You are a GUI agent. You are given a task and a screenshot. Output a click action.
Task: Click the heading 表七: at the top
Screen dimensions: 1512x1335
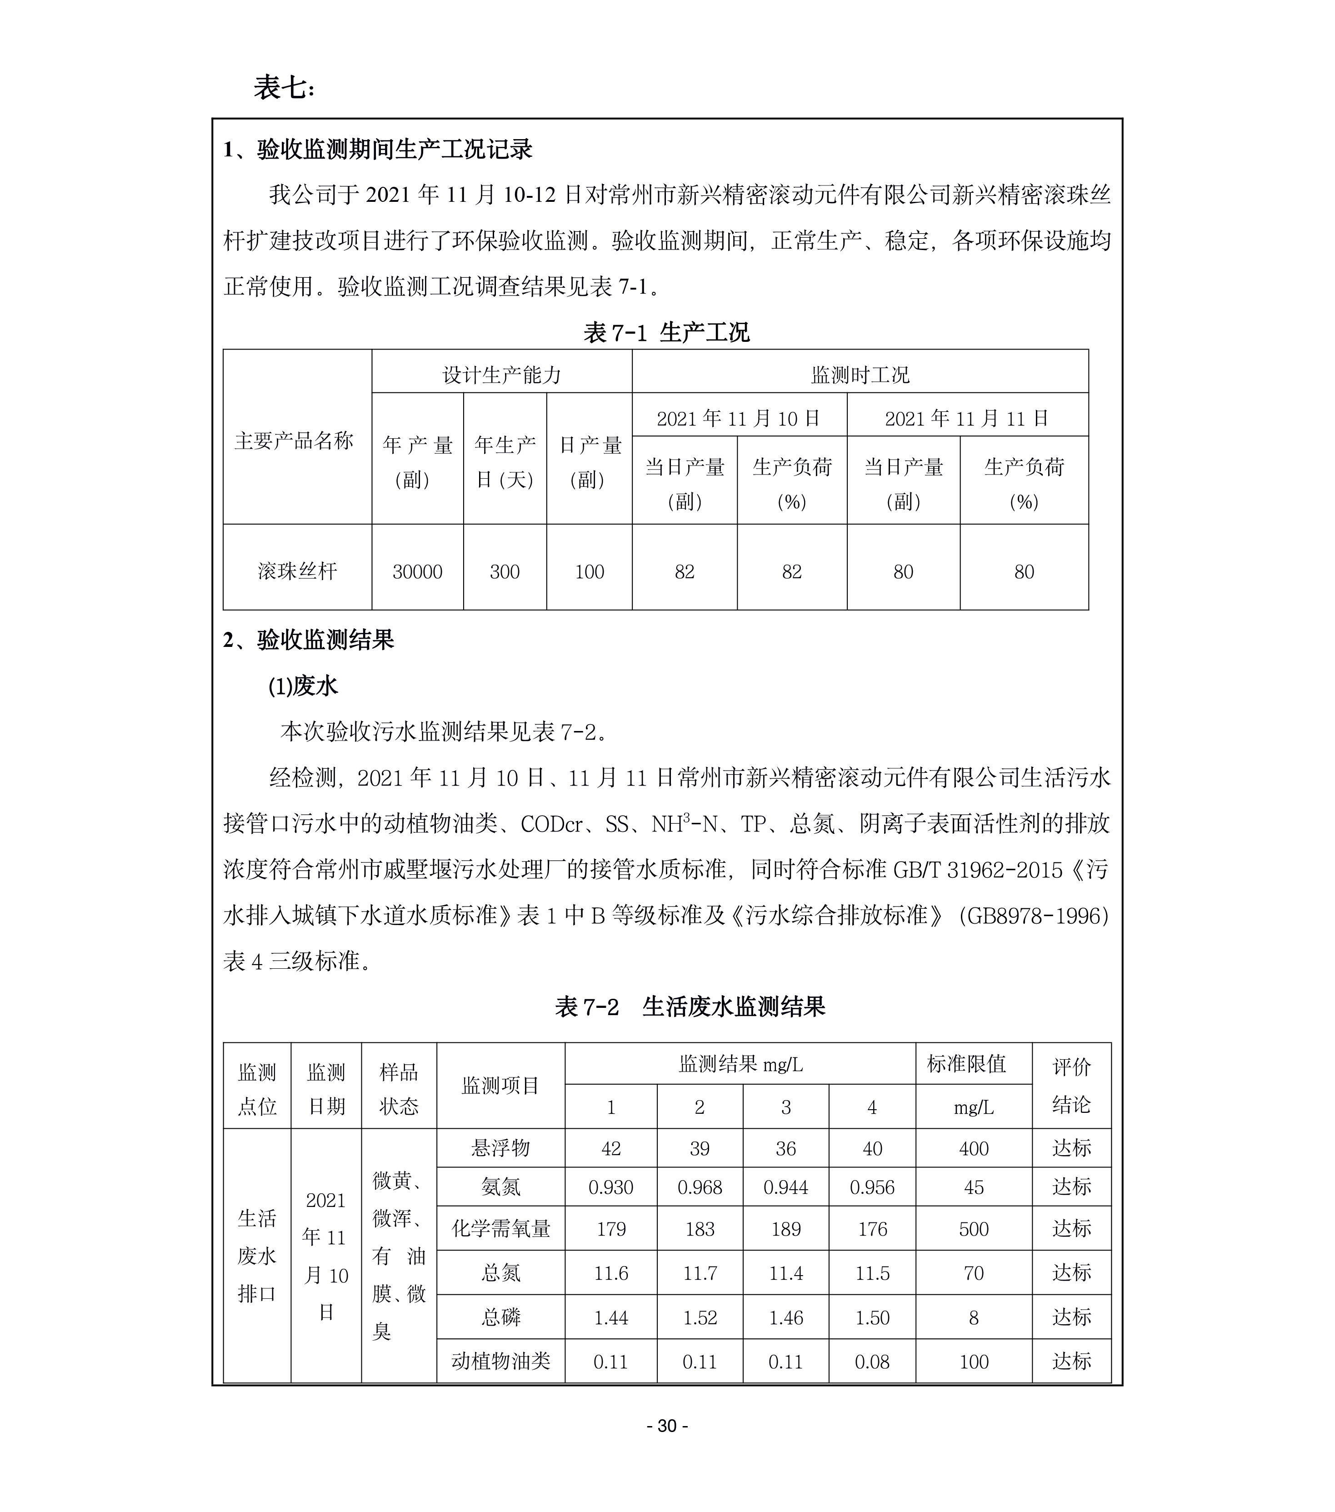[284, 88]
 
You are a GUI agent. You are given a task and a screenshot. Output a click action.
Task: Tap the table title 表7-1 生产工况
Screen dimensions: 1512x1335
[665, 332]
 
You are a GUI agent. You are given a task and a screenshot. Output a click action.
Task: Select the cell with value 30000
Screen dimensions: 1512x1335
[417, 572]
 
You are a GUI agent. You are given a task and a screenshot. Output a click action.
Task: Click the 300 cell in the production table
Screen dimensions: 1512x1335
[505, 572]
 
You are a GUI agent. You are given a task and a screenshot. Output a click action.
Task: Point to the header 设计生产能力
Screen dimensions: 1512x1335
[501, 375]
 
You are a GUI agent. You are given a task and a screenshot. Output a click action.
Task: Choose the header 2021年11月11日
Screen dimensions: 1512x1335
[967, 419]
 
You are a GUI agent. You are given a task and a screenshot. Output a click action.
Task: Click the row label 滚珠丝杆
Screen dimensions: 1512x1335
[297, 572]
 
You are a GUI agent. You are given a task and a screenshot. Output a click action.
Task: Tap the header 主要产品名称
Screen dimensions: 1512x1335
[295, 441]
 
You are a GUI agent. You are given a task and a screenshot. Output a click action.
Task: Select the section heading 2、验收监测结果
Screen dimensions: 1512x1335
[309, 640]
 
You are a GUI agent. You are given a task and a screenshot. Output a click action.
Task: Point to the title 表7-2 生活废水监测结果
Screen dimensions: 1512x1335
[690, 1007]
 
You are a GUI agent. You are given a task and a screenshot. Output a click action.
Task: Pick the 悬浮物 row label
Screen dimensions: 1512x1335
[501, 1149]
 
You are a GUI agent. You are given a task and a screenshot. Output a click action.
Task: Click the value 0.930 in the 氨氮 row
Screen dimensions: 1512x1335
[611, 1187]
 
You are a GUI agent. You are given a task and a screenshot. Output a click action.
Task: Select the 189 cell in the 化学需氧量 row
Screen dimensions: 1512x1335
[785, 1229]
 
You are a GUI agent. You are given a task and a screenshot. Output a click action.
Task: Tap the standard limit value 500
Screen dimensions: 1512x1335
[973, 1229]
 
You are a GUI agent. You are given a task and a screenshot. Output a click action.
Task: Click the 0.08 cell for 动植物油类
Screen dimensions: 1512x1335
[872, 1362]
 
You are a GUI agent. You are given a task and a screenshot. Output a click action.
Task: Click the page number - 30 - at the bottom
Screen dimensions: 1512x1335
[667, 1446]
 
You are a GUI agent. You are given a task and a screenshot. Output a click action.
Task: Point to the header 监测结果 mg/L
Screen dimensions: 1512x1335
[740, 1065]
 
